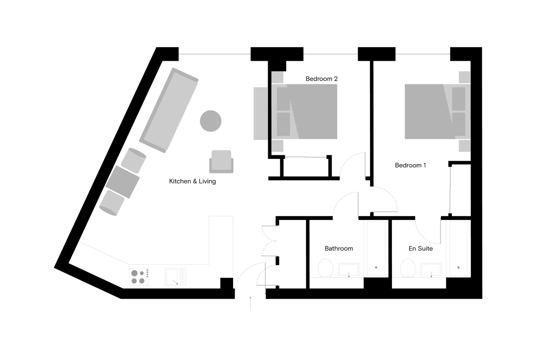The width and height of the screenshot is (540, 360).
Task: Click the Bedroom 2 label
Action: (x=321, y=79)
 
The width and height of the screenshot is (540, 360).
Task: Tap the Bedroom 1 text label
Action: (x=410, y=165)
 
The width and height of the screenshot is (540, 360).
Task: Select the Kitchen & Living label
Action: (x=192, y=181)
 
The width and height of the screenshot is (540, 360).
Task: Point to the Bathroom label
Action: (x=338, y=248)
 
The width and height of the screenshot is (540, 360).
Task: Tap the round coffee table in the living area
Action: (x=210, y=121)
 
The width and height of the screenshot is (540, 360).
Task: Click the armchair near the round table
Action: (x=221, y=162)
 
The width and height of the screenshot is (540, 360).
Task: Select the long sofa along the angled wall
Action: (x=169, y=110)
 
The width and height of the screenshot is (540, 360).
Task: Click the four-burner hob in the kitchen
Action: (x=139, y=277)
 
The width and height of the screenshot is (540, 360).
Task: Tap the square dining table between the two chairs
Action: (x=122, y=182)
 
